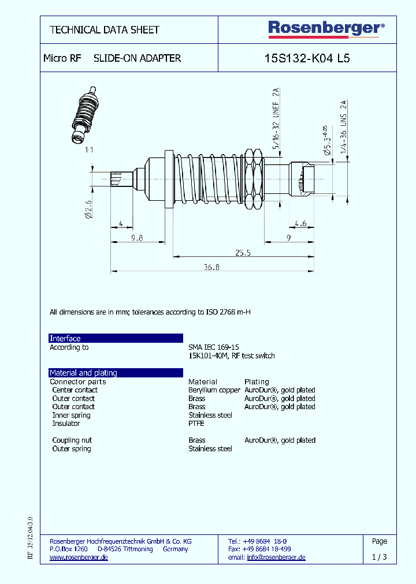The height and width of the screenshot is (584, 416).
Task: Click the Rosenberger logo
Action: coord(326,28)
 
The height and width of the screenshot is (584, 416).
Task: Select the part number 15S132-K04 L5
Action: coord(307,58)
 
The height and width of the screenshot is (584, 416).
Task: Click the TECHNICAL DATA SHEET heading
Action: coord(105,30)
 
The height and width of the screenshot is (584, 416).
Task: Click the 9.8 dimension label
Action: coord(136,237)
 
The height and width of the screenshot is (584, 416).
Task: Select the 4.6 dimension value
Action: coord(300,223)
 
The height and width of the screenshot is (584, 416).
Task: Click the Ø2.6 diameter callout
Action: coord(88,208)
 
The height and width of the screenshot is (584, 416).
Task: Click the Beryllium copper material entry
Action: coord(214,390)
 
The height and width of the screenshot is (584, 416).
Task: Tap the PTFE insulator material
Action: coord(196,424)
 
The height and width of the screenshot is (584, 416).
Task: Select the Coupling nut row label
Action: coord(72,440)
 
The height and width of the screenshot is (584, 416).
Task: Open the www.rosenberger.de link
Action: coord(79,557)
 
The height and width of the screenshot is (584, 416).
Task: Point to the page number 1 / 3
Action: coord(380,557)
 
